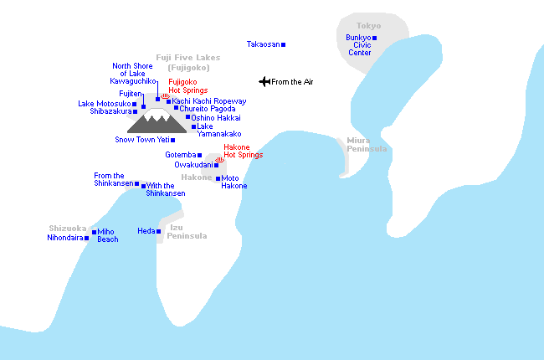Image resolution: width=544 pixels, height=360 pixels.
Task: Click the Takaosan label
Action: (x=263, y=44)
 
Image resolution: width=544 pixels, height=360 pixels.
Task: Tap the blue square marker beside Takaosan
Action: (x=283, y=44)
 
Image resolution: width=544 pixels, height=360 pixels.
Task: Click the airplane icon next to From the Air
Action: (x=264, y=81)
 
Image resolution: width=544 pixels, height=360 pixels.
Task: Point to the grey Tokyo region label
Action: (x=368, y=26)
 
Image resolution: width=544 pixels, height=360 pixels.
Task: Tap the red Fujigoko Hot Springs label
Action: (x=188, y=85)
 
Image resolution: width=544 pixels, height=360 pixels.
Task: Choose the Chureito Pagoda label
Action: (x=207, y=109)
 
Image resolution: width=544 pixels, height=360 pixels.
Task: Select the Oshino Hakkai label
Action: (x=216, y=118)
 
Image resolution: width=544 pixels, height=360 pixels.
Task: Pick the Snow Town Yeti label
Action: (x=141, y=140)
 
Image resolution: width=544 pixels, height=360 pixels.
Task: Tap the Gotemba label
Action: (x=180, y=155)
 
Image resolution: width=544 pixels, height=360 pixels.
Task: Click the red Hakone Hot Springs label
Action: (x=243, y=151)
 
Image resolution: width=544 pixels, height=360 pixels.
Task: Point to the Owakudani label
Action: (x=193, y=165)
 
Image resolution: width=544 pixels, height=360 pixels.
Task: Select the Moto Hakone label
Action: (x=234, y=182)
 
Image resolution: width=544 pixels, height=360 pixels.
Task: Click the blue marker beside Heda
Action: (x=158, y=231)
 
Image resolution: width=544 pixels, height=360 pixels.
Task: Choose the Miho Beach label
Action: (x=107, y=235)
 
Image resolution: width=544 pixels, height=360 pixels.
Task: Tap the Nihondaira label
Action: (x=64, y=238)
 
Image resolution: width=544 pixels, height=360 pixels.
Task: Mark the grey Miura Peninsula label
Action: (x=367, y=145)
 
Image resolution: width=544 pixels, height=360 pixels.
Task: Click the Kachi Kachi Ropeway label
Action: (x=209, y=101)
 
